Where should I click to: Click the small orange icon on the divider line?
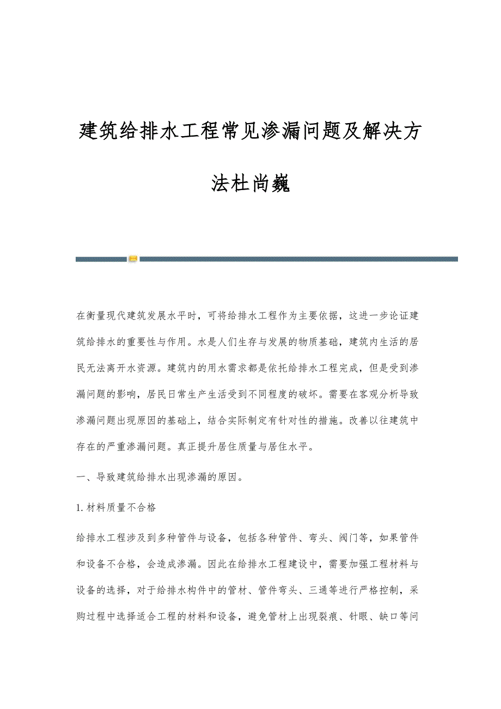point(133,259)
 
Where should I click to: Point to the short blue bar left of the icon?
point(101,259)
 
